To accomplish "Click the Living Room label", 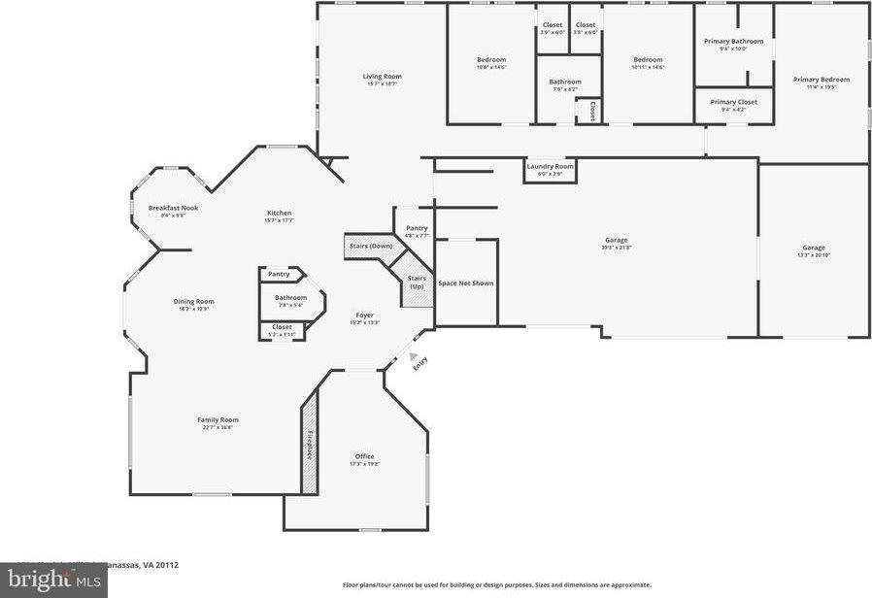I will [x=382, y=76].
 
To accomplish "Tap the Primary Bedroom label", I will [x=821, y=80].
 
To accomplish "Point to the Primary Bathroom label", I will [x=733, y=41].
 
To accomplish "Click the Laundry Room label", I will [x=550, y=166].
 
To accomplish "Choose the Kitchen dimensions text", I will [x=279, y=220].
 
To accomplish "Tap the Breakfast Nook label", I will [x=173, y=208].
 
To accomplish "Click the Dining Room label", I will [x=194, y=301].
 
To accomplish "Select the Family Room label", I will [x=218, y=419].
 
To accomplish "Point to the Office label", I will [x=364, y=456].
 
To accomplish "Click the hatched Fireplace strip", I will [x=311, y=445].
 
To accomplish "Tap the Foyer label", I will [x=364, y=315].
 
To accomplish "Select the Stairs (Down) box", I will [x=370, y=247].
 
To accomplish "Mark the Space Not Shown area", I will [x=466, y=283].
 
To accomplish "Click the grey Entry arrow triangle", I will [x=414, y=356].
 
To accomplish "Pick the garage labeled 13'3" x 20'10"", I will [x=813, y=250].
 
